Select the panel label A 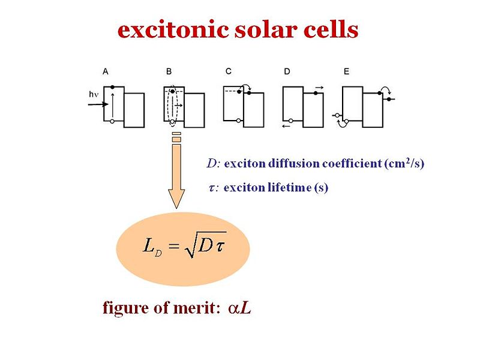pyautogui.click(x=106, y=71)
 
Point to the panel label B pyautogui.click(x=169, y=71)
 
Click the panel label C pyautogui.click(x=229, y=71)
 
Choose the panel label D pyautogui.click(x=287, y=71)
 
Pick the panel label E pyautogui.click(x=347, y=71)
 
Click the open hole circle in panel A pyautogui.click(x=113, y=122)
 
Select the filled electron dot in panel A pyautogui.click(x=113, y=88)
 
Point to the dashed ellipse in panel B pyautogui.click(x=172, y=106)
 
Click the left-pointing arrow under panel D pyautogui.click(x=286, y=127)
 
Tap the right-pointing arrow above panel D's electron pyautogui.click(x=319, y=88)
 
